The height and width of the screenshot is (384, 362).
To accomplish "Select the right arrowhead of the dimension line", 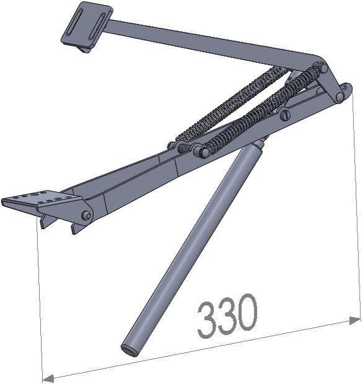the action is (355, 320).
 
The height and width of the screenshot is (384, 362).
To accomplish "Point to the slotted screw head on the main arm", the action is (285, 115).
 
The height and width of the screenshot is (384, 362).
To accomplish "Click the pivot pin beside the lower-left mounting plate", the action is (86, 216).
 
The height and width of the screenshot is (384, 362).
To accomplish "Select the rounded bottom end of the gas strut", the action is (129, 348).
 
